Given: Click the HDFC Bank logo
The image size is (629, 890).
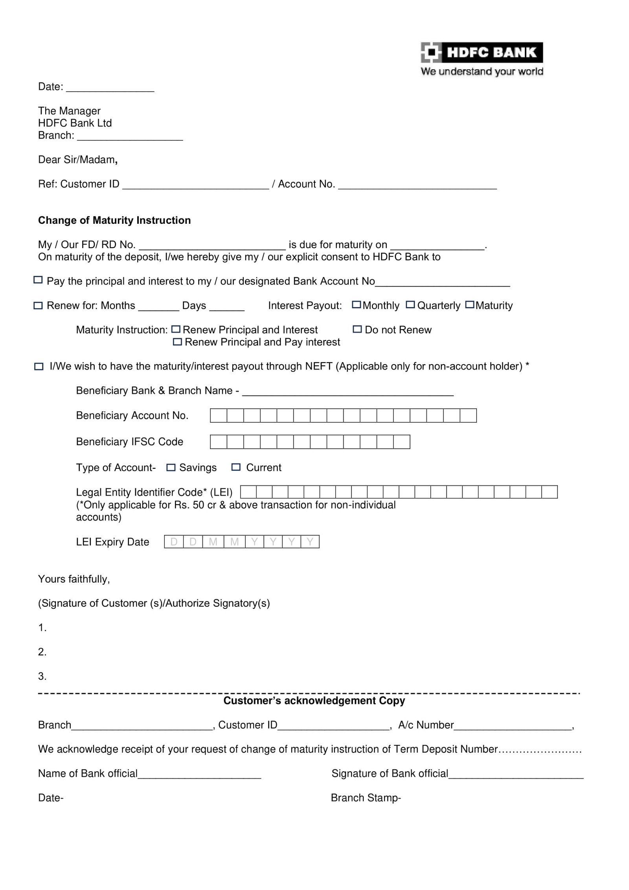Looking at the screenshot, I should pos(481,52).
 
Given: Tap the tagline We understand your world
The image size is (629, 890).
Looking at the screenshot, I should pos(482,72).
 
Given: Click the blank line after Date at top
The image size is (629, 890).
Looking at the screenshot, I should pos(110,87).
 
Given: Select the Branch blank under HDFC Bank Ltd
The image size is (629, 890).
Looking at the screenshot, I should pos(130,136).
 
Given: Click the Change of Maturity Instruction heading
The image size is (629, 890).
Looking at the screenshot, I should pos(114,220).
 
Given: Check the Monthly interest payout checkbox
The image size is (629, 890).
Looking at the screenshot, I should pos(356,305).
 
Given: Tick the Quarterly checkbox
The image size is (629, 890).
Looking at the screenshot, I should pos(410,305).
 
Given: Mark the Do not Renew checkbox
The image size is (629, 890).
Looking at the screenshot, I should pos(357,329).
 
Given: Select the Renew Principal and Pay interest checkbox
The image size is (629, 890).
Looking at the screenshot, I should pos(178,342).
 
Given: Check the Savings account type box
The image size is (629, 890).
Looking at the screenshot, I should pos(171,467).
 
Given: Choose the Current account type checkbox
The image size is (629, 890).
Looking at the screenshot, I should pos(236,467).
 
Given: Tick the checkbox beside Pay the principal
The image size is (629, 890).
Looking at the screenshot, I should pos(38,280).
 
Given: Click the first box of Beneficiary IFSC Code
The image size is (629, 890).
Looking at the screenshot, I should pos(219,442).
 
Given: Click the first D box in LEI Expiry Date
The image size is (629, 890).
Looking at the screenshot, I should pos(174,542).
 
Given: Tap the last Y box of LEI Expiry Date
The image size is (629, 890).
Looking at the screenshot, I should pos(310,542).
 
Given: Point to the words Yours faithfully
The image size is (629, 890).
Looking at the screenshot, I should pos(74,579).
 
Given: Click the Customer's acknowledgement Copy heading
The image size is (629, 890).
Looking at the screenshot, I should pos(314,701).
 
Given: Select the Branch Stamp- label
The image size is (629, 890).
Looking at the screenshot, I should pos(366,798).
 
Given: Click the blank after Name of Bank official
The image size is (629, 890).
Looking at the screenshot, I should pos(199,774).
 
